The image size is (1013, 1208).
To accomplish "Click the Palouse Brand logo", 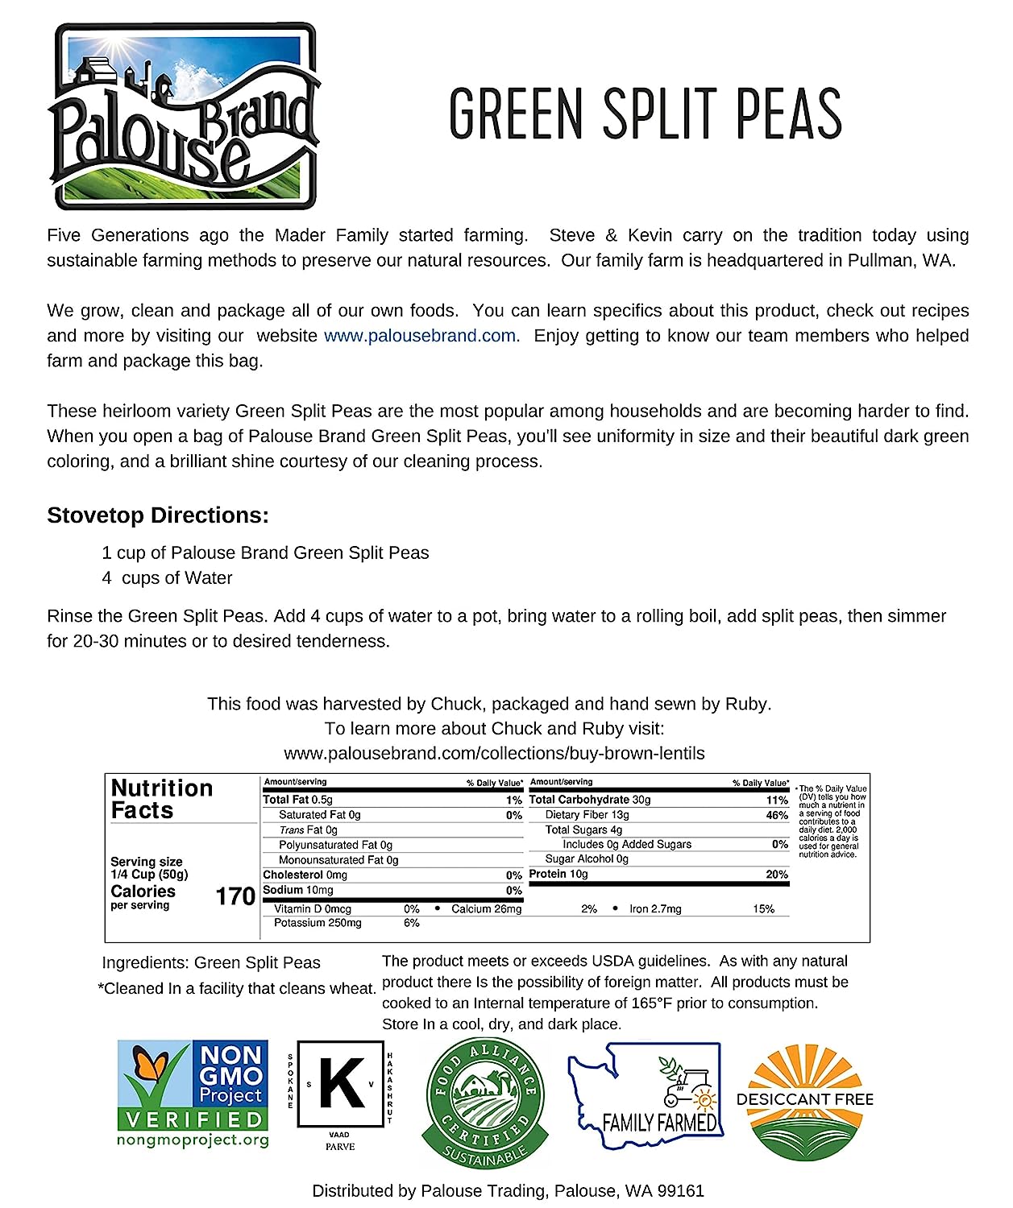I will (184, 117).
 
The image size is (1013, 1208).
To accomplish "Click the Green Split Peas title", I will (646, 114).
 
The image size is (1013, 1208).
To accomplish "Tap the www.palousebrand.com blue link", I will (420, 336).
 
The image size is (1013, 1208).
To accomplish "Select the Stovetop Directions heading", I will (158, 515).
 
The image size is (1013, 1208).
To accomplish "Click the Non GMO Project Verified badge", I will (193, 1094).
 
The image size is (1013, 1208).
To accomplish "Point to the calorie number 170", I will (235, 896).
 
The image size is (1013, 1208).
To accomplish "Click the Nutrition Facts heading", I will (161, 799).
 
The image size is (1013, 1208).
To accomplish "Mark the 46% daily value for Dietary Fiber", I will (777, 815).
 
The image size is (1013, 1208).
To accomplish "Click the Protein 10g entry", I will (558, 874).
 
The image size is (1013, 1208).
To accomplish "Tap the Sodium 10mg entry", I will (298, 890).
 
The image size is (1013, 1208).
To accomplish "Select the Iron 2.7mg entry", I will (655, 908).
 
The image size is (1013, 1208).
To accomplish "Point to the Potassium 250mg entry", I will (318, 923).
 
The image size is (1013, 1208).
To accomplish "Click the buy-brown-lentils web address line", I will (494, 753).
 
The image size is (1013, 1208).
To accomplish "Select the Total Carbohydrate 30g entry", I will (590, 800).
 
